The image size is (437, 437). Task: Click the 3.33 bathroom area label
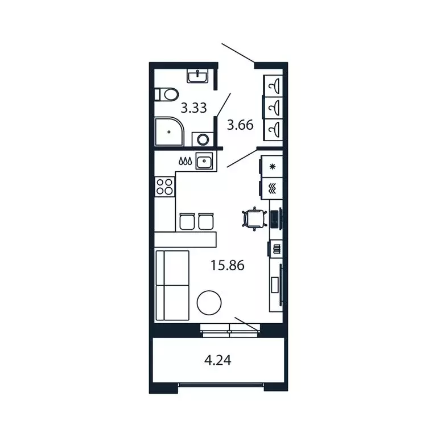(x=193, y=108)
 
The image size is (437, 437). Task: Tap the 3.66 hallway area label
(x=240, y=124)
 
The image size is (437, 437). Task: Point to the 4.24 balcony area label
(x=217, y=360)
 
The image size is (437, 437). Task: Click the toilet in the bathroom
(x=166, y=93)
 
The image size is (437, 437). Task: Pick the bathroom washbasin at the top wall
(x=198, y=75)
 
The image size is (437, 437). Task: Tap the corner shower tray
(x=168, y=132)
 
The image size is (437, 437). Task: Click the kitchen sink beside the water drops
(x=204, y=162)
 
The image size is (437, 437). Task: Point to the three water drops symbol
(x=184, y=162)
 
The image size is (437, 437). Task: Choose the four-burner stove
(x=164, y=187)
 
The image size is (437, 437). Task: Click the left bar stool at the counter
(x=186, y=221)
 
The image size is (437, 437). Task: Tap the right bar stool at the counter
(x=206, y=221)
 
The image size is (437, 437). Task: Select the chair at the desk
(x=253, y=218)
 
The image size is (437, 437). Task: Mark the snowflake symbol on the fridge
(x=272, y=167)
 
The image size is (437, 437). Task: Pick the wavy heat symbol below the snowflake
(x=272, y=188)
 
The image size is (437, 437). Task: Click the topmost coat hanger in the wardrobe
(x=274, y=86)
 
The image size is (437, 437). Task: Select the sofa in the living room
(x=171, y=286)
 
